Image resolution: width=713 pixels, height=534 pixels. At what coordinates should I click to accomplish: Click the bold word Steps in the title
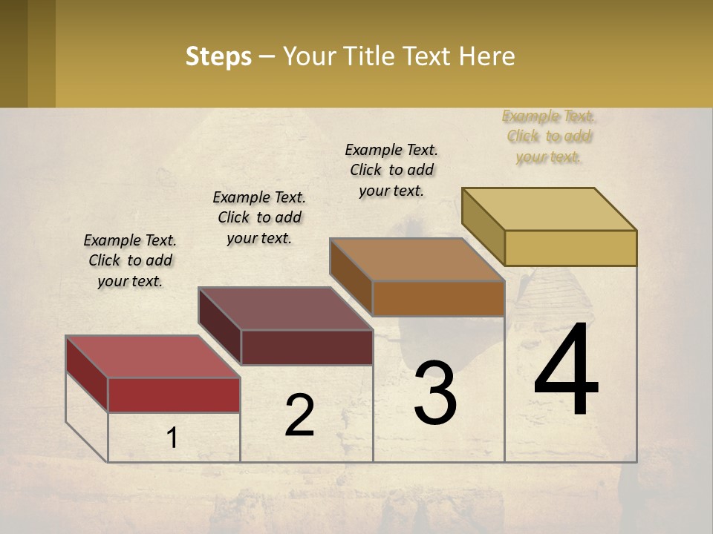point(218,56)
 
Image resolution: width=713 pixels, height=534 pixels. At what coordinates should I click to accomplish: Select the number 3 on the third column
point(435,394)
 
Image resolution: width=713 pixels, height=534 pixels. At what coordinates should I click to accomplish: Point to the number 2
point(299,416)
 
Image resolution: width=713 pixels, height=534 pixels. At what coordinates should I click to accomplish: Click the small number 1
point(172,438)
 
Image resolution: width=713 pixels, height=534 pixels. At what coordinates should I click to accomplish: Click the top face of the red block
point(152,356)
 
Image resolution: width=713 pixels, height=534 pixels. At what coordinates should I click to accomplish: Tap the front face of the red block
point(174,395)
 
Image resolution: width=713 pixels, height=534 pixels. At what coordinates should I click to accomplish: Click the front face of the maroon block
point(306,347)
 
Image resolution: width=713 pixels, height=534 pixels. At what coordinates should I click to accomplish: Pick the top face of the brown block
point(417,260)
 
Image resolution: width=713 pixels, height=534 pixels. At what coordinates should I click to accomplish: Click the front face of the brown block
point(438,298)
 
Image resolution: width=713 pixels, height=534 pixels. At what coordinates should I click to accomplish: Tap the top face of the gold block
point(549,209)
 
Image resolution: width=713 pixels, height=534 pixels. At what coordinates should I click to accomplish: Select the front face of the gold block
point(570,248)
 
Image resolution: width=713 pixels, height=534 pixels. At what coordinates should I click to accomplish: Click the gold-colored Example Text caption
point(548,136)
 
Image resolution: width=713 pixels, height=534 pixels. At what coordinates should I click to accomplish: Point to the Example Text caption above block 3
point(391,170)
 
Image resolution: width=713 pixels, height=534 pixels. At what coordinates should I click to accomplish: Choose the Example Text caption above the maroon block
point(259,217)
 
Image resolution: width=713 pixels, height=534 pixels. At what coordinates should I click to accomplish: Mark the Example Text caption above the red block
point(130,260)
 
